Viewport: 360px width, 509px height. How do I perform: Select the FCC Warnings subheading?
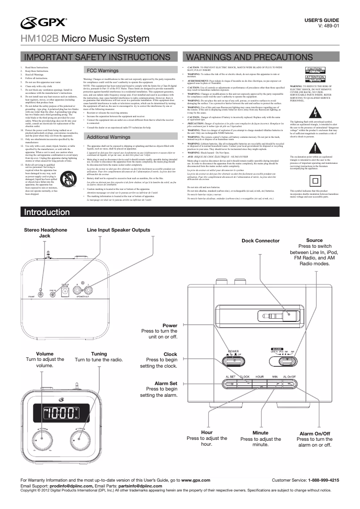[102, 71]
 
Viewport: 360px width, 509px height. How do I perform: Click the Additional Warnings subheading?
[109, 136]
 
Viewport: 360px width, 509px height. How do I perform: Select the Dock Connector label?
[260, 241]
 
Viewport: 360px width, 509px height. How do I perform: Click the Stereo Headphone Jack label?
[45, 233]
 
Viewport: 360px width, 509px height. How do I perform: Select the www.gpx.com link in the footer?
[196, 480]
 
